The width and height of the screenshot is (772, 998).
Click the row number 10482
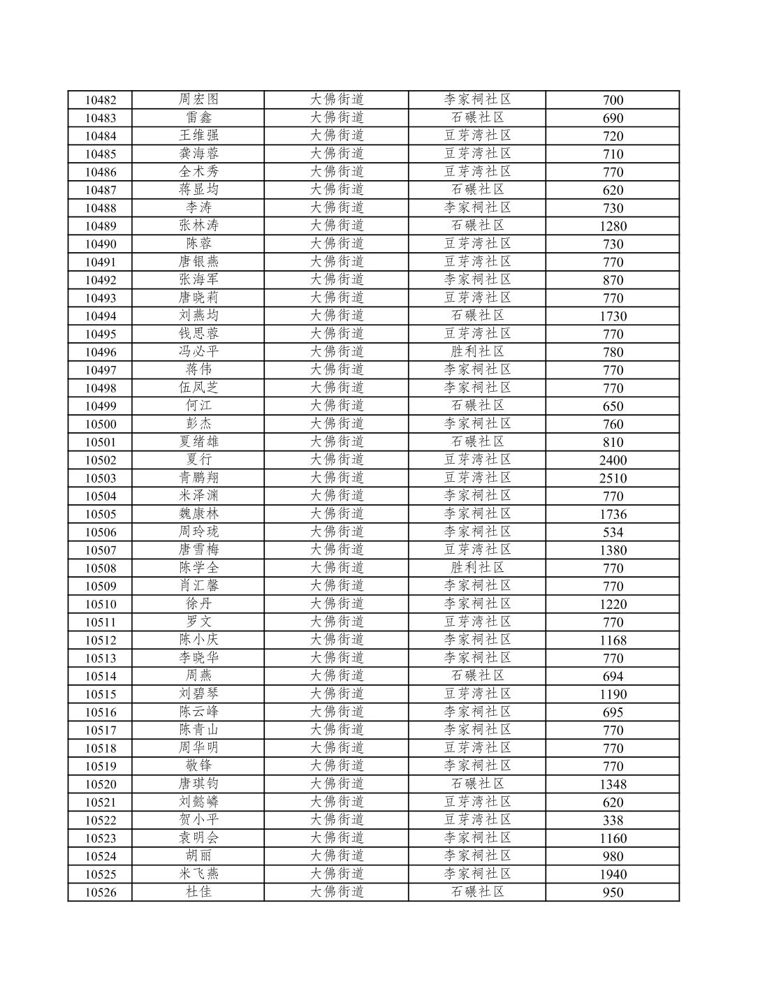point(101,101)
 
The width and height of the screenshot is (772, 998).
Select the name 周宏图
point(198,99)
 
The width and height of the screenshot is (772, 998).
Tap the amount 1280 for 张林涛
point(613,226)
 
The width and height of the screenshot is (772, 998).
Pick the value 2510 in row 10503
point(613,478)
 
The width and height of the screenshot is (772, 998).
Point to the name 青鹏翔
point(198,478)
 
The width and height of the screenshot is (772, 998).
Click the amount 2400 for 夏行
point(613,460)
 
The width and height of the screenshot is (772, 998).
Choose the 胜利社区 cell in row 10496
point(477,351)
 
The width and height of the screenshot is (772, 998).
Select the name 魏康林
point(198,513)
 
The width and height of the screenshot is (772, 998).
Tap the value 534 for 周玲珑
point(613,532)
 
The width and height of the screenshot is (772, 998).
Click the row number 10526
point(101,893)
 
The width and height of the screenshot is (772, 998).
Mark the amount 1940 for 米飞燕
point(613,874)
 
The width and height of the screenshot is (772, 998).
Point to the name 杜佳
point(198,892)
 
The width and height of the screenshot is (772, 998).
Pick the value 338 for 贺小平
point(613,821)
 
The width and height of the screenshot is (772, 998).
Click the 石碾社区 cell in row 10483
point(477,117)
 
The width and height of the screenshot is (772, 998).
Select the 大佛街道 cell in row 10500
point(337,423)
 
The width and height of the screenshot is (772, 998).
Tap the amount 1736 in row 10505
point(613,515)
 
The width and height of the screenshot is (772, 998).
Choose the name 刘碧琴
point(198,694)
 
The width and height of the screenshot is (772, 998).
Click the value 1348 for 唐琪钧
point(613,784)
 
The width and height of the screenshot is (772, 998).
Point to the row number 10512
point(101,640)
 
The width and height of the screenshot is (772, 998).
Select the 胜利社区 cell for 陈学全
point(477,568)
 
